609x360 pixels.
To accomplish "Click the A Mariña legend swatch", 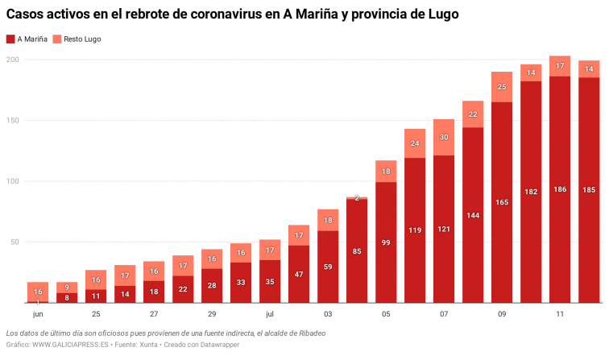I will pos(10,39).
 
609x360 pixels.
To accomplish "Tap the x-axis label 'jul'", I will pos(270,313).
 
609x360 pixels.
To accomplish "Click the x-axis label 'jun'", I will pos(38,313).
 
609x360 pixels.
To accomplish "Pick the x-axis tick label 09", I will pos(502,313).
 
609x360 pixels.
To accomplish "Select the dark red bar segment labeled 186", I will pos(560,189).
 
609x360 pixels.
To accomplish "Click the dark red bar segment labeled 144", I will pos(473,215).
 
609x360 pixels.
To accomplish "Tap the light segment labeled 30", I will pos(444,137).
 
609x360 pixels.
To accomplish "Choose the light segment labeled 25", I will pos(502,87).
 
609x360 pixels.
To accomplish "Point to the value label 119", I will pos(415,230).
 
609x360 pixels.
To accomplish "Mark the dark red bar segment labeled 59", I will pos(328,267).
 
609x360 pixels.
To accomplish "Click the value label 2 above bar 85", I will pos(357,198).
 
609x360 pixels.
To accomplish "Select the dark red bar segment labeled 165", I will pos(502,201).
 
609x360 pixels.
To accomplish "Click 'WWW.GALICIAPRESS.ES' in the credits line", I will pos(70,345).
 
